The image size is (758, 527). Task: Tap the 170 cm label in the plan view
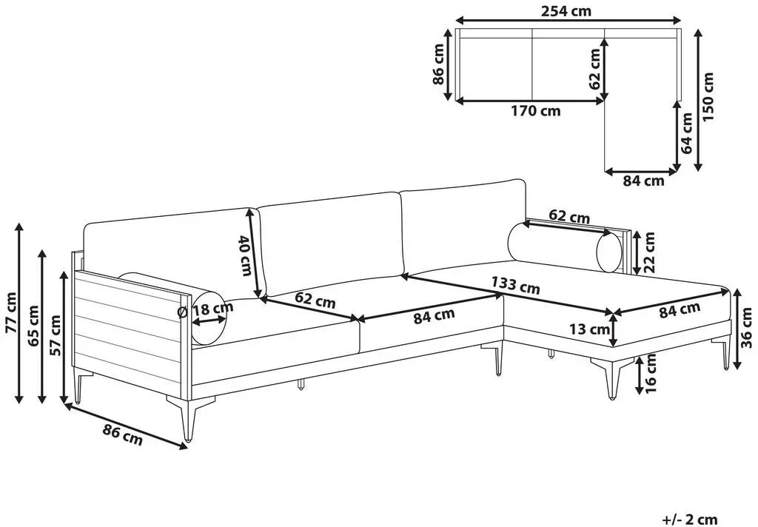pos(536,111)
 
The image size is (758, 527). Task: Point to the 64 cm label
pos(686,133)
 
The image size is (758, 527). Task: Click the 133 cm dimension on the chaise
pos(515,285)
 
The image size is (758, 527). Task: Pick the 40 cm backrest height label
pos(245,256)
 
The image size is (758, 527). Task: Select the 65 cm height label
pos(34,326)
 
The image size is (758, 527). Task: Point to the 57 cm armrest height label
pos(56,335)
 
